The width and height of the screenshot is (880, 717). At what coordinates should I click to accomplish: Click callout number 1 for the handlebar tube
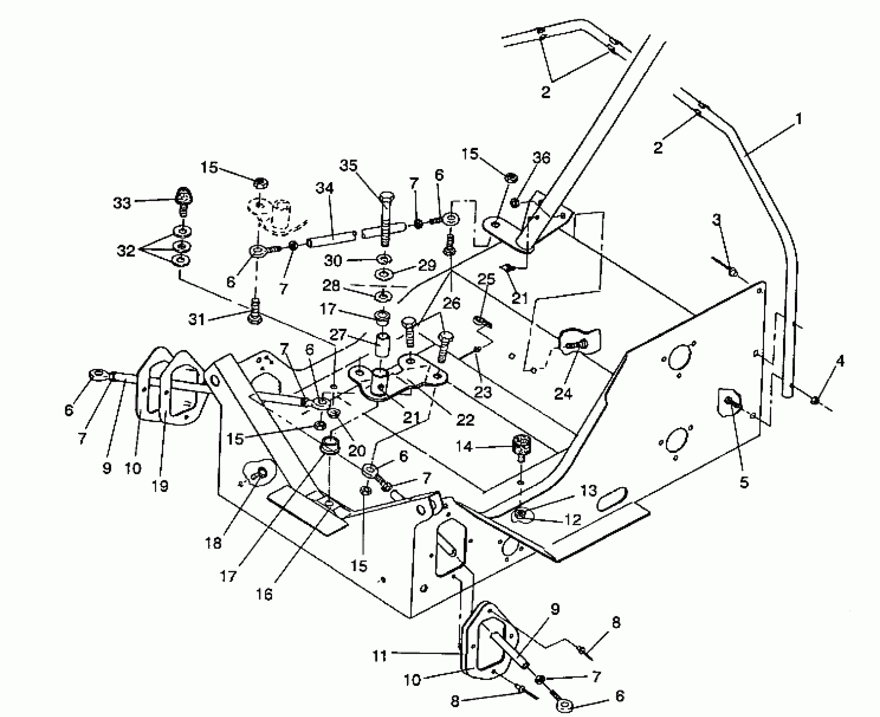798,119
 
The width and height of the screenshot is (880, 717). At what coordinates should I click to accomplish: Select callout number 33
122,203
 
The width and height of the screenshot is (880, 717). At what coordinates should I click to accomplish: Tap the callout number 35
348,166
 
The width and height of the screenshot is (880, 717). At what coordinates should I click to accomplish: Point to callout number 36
541,158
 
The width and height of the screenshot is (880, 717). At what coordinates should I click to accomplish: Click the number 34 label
324,188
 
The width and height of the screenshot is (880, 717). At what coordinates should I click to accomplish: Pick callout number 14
464,446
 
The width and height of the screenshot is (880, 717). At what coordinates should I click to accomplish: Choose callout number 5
744,482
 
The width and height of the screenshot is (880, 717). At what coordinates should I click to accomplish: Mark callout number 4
840,361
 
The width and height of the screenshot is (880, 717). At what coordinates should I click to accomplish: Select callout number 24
563,394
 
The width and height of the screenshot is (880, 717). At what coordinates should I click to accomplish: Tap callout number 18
213,543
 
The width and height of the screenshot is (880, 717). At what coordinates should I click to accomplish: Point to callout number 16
264,594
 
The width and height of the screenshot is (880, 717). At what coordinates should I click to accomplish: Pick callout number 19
161,485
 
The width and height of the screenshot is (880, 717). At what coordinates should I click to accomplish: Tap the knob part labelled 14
522,443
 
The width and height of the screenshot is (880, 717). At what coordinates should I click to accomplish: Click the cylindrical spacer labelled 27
382,340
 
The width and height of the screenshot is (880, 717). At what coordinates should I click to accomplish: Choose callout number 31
196,319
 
